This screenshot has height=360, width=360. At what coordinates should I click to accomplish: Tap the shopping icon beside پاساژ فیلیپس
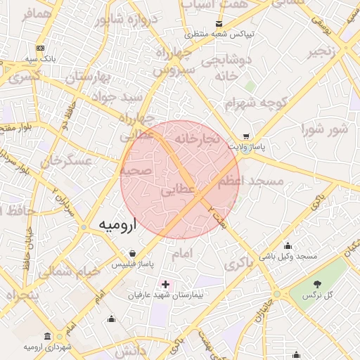[133, 253]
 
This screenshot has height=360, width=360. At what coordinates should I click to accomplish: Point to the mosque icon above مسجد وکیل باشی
[288, 245]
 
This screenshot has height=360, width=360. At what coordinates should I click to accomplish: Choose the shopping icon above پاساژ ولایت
[245, 136]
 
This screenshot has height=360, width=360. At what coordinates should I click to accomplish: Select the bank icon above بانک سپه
[40, 48]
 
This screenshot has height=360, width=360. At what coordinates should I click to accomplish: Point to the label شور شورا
[324, 129]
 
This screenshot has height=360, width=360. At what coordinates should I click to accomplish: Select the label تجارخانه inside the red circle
[198, 138]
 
